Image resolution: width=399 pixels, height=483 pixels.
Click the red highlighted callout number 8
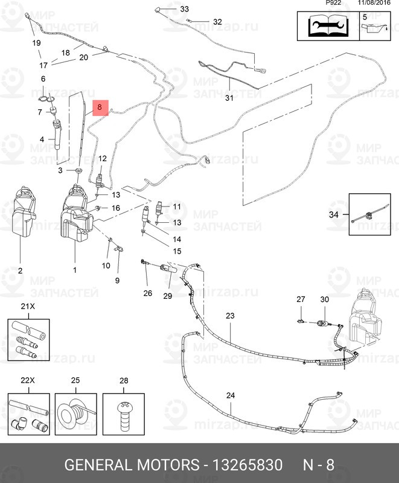point(101,107)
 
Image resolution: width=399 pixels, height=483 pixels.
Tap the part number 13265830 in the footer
point(246,465)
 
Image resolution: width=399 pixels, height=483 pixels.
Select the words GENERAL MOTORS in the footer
point(132,465)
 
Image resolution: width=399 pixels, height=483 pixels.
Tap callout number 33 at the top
point(184,9)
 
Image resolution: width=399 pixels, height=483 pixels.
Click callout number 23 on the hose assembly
point(229,316)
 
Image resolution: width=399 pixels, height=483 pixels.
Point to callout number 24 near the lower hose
point(229,395)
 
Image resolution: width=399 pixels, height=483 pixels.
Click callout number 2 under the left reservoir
point(19,270)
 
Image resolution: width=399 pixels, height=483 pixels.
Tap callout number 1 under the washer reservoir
point(75,270)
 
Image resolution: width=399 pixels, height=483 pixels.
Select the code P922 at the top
point(333,3)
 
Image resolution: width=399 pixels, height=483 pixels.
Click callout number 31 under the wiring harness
point(229,98)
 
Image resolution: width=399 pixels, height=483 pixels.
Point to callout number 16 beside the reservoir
point(116,208)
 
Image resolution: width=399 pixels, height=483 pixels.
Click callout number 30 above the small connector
point(324,300)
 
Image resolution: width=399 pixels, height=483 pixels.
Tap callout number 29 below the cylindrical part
point(167,296)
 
